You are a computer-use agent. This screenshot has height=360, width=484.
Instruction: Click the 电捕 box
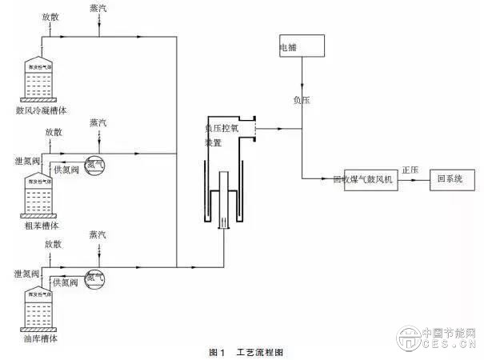(x=302, y=46)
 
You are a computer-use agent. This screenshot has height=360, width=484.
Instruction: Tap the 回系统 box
(x=451, y=178)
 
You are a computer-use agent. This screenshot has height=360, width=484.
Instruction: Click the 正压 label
(x=410, y=170)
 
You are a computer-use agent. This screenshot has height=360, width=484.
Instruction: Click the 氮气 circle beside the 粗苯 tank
(x=94, y=164)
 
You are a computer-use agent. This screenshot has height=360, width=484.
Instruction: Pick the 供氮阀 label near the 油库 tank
(x=64, y=282)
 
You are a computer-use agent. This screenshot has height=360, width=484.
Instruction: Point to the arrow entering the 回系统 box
(x=425, y=180)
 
